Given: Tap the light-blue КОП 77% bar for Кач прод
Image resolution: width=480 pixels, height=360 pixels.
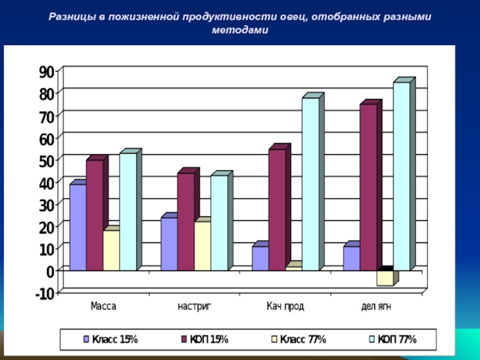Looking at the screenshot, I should coord(310,184).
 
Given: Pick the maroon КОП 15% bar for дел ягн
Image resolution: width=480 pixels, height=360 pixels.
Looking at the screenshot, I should coord(368,187).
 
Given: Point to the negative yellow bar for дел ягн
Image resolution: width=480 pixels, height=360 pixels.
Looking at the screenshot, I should coord(385,278).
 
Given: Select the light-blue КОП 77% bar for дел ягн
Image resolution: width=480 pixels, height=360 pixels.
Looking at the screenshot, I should coord(401,176).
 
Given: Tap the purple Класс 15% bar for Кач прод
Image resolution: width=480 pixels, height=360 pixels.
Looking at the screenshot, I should coord(260,258).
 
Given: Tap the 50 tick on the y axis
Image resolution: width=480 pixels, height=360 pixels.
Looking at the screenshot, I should coord(46,160).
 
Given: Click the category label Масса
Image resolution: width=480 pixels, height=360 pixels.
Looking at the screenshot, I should coord(103,306).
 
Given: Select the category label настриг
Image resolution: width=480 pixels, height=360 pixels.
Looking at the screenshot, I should coord(194,306).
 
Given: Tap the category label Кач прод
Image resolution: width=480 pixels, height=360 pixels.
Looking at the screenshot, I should coord(286,306).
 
